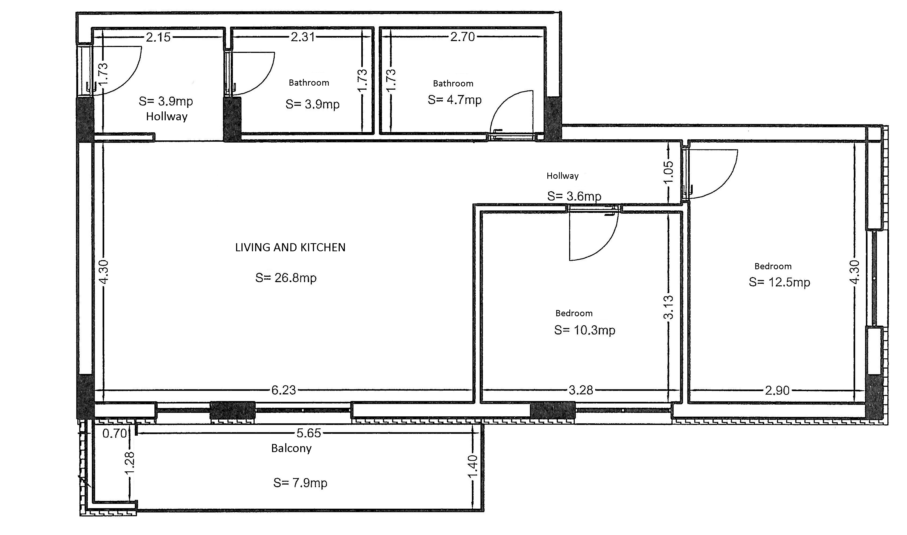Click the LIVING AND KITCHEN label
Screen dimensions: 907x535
tap(290, 247)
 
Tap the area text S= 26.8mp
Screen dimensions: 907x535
tap(286, 278)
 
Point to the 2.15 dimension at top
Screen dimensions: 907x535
tap(158, 37)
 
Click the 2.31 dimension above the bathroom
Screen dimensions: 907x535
tap(303, 37)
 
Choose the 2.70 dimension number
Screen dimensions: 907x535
tap(463, 37)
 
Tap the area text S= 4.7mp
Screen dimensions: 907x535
tap(455, 100)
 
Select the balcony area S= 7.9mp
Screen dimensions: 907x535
tap(301, 483)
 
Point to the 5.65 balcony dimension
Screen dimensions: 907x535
tap(309, 433)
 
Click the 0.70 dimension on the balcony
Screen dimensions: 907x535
tap(115, 433)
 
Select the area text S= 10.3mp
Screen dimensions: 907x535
tap(585, 330)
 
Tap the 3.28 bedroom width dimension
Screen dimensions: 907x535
tap(581, 390)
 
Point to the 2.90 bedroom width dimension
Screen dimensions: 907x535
tap(777, 390)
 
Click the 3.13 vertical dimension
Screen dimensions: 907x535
tap(668, 307)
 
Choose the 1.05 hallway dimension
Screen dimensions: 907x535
tap(668, 172)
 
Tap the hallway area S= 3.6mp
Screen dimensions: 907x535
tap(574, 196)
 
